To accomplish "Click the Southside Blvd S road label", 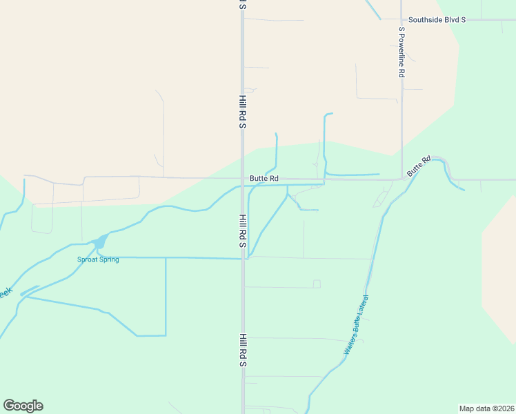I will coord(437,19).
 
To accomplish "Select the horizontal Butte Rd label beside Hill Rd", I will coord(264,178).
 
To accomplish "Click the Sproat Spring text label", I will coord(98,259).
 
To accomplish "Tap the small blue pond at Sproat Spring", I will coord(100,241).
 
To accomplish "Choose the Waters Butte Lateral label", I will coord(357,325).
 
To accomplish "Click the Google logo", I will coord(23,406).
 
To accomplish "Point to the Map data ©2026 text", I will coord(486,408).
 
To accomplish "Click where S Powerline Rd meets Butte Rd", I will coord(401,179).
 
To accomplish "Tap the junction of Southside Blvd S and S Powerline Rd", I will coord(401,19).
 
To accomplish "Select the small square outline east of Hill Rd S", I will coord(317,284).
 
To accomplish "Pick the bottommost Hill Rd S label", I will coord(243,350).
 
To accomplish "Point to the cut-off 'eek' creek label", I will coord(6,293).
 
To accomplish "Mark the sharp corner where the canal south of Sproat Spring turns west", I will coord(166,335).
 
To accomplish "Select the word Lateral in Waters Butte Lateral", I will coord(364,308).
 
